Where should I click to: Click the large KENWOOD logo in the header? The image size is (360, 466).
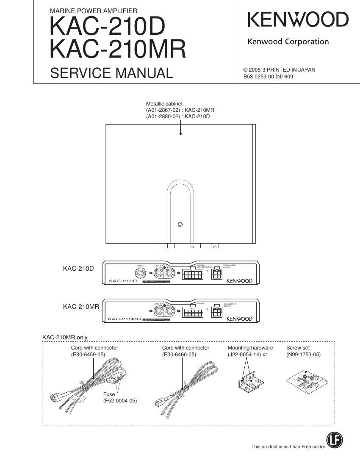[x=298, y=20]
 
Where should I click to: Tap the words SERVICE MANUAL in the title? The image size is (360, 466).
[x=111, y=73]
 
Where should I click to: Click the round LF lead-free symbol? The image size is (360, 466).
[x=335, y=440]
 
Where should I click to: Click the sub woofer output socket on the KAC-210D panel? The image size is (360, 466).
[x=217, y=274]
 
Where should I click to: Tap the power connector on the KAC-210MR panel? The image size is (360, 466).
[x=193, y=312]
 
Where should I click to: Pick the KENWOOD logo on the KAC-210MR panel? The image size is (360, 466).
[x=239, y=319]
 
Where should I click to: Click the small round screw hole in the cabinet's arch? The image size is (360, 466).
[x=180, y=224]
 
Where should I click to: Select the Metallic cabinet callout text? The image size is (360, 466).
[x=164, y=103]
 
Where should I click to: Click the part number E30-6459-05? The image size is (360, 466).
[x=88, y=355]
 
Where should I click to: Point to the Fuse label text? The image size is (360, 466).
[x=109, y=394]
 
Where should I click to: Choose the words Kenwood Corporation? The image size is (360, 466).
[x=288, y=42]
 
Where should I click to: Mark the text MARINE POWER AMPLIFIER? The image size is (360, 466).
[x=94, y=11]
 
